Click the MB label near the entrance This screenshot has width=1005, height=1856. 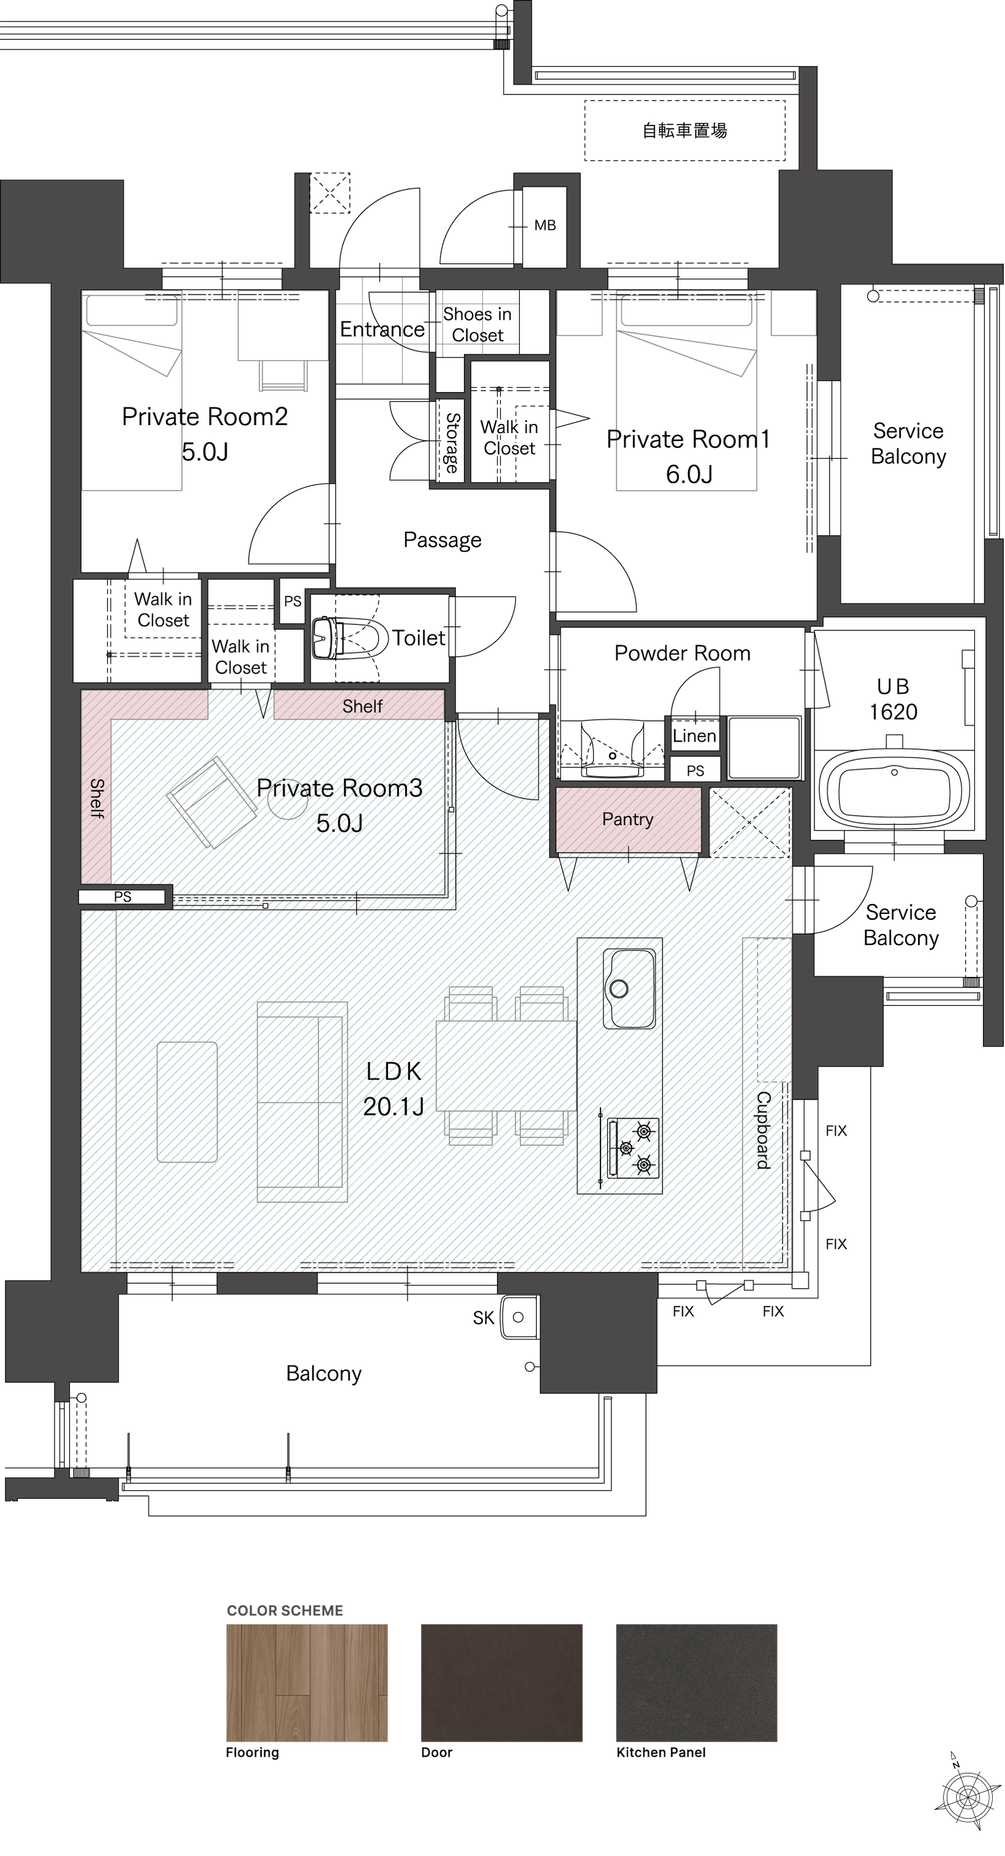[545, 225]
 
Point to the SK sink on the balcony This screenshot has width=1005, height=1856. [519, 1317]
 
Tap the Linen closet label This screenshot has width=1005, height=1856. [694, 736]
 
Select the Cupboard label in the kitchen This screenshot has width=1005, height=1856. [764, 1130]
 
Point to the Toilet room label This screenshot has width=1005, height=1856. [418, 638]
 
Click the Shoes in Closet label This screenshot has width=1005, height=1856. [477, 325]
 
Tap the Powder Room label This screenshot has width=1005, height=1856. [682, 653]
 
